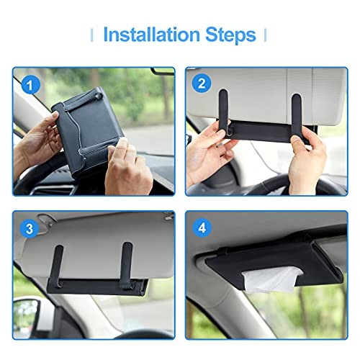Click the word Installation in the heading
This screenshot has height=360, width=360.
[152, 35]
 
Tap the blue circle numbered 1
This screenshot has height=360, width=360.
[31, 86]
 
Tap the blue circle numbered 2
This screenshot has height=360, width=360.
[202, 84]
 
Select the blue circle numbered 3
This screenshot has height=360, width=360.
[29, 228]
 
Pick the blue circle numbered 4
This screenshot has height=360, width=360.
[202, 228]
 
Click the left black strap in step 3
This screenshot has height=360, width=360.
[58, 265]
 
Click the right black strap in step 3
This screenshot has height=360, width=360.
[127, 265]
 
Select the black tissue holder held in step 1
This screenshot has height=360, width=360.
[87, 130]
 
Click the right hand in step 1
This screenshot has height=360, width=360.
[127, 168]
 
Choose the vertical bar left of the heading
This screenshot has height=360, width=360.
[91, 35]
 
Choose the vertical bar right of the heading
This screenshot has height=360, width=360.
[265, 35]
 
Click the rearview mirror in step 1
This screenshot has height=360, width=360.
[163, 71]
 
